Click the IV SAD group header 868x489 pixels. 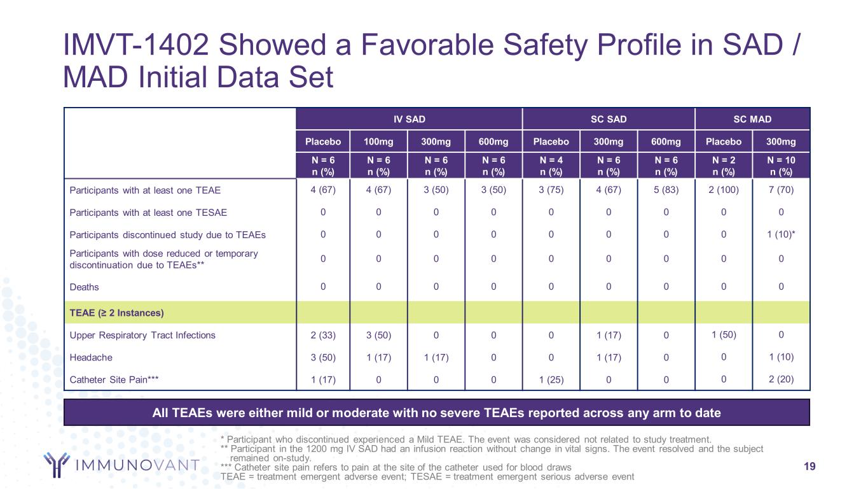408,119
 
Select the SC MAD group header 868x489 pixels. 753,119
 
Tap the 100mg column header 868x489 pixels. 378,142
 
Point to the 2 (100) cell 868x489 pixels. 724,190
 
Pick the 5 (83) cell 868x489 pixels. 666,190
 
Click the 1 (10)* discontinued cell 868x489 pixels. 781,234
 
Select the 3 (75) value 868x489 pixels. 551,190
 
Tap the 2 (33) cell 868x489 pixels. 323,335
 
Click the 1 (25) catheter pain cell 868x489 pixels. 551,381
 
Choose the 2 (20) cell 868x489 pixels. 781,380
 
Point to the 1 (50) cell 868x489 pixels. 724,334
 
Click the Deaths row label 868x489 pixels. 84,287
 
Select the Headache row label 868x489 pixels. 91,358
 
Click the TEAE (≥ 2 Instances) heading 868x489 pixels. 116,313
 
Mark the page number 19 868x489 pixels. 809,467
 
